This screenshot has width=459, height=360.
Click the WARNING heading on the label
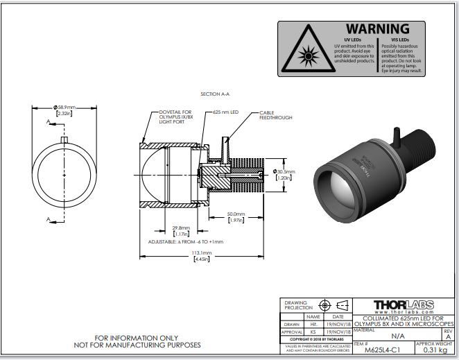(377, 28)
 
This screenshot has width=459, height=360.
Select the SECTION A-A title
(214, 94)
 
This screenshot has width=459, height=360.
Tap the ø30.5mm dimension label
(284, 171)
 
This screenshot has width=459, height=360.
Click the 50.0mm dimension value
(236, 214)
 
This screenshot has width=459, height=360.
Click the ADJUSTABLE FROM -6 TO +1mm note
(186, 241)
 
